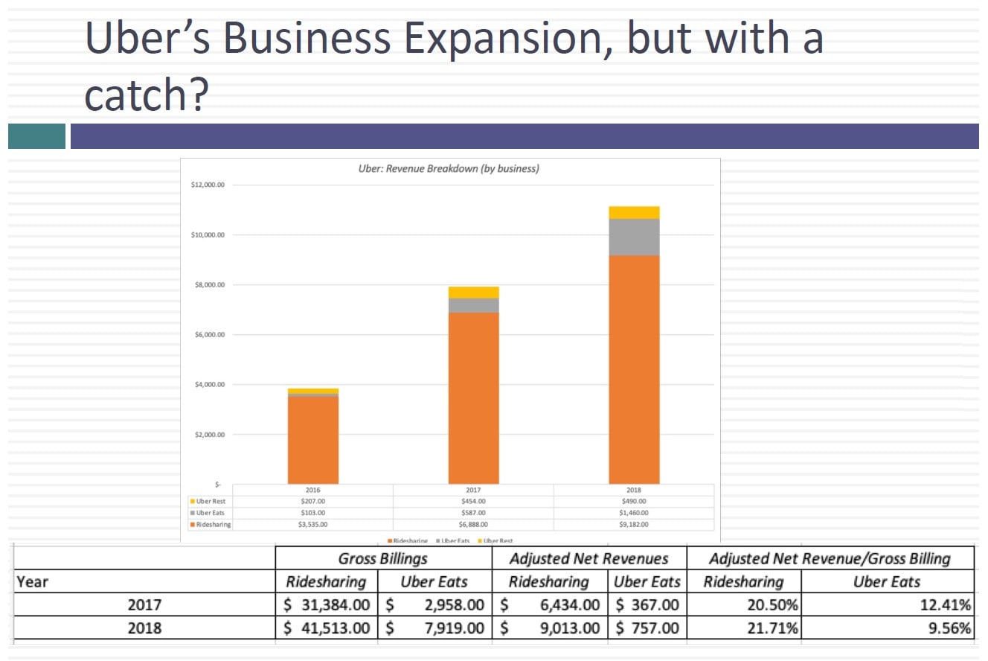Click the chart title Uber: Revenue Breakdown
click(449, 168)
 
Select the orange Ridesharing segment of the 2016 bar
click(313, 439)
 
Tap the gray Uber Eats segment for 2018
click(634, 237)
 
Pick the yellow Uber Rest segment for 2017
click(473, 292)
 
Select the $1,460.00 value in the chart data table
click(634, 513)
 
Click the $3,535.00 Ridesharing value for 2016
click(312, 525)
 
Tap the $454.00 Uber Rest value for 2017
click(473, 502)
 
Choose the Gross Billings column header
click(382, 558)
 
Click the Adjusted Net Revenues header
click(588, 558)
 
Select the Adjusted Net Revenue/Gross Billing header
click(830, 558)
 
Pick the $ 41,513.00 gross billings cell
click(327, 628)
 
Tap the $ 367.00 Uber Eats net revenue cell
click(647, 605)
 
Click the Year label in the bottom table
click(33, 582)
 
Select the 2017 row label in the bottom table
click(144, 605)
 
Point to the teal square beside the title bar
click(36, 136)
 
